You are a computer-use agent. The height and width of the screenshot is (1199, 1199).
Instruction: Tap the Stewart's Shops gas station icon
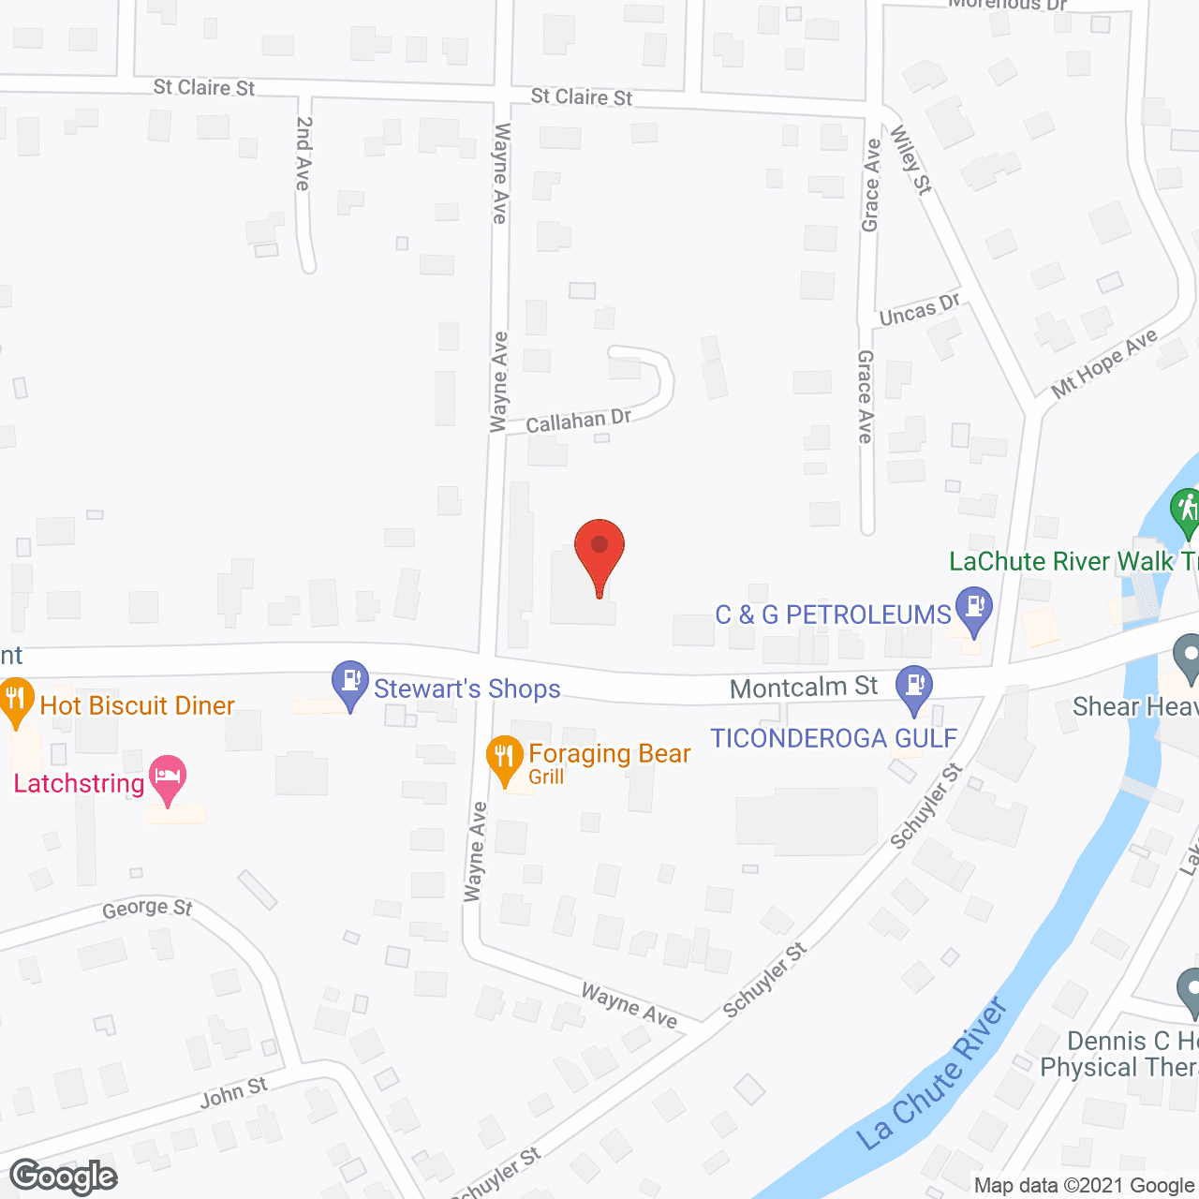pos(351,684)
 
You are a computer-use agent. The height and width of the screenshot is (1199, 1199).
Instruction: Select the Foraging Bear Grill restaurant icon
pos(505,760)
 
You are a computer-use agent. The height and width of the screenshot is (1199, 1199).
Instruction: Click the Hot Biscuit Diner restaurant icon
pos(15,702)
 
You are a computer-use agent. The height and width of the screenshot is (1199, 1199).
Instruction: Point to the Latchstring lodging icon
pos(168,778)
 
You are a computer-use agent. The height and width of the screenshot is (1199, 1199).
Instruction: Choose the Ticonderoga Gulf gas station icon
pos(914,688)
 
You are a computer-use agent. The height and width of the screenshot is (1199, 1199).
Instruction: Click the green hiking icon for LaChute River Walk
pos(1187,511)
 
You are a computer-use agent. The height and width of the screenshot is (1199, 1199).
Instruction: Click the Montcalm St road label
pos(804,688)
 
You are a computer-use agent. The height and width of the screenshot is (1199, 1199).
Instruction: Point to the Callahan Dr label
pos(578,422)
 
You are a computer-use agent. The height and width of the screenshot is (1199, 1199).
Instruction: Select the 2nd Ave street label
pos(303,154)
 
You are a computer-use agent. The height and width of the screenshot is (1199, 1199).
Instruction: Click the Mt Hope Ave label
pos(1104,363)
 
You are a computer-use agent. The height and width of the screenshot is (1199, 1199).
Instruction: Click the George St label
pos(147,909)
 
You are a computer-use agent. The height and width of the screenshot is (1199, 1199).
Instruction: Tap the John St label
pos(233,1092)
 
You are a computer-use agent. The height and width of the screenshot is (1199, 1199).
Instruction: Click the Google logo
pos(64,1177)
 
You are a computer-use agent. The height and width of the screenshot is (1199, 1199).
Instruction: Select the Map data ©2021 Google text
pos(1084,1186)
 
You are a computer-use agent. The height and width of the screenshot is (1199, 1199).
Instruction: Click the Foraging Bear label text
pos(610,754)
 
